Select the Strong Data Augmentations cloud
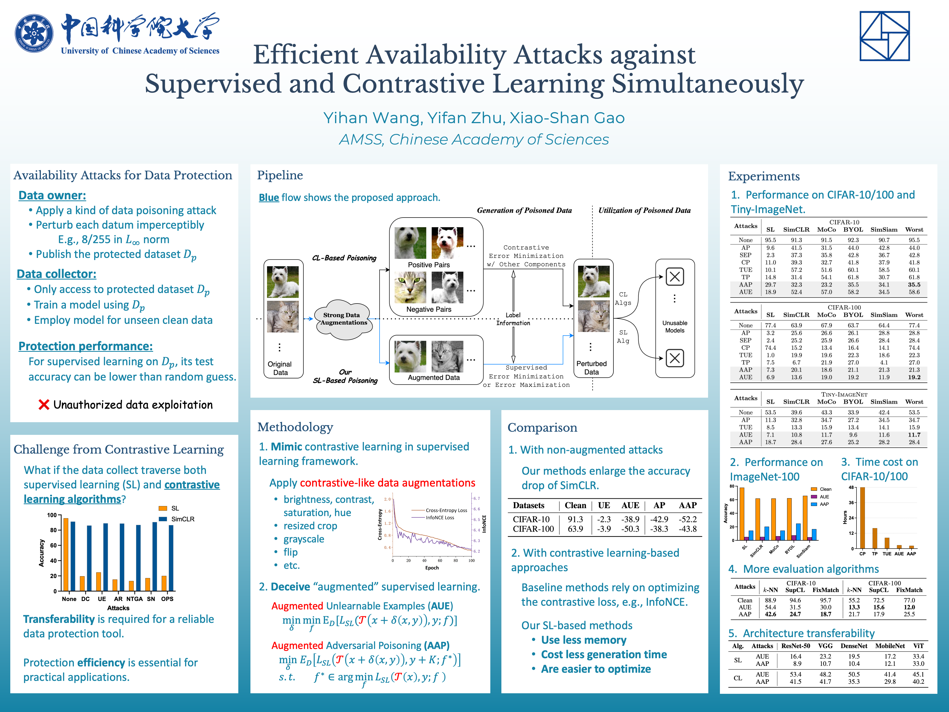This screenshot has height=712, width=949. point(343,319)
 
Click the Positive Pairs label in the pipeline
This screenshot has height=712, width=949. point(429,265)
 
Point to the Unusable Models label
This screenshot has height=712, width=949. point(674,327)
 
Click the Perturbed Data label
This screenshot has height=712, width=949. point(591,368)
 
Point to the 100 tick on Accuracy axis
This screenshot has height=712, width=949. point(52,515)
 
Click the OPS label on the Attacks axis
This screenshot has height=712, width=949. point(167,599)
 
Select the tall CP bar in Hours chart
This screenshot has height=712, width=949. point(862,518)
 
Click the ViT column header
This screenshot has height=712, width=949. point(918,646)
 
